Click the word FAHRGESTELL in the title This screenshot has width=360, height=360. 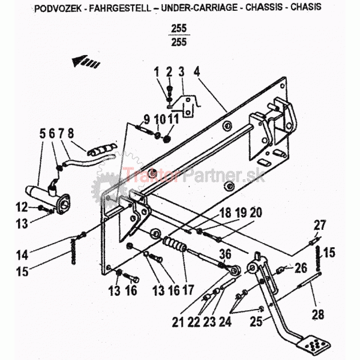click(x=120, y=8)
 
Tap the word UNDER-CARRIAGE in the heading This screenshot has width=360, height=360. click(x=199, y=8)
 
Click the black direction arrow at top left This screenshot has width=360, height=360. click(x=86, y=62)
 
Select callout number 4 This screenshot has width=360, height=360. click(x=197, y=71)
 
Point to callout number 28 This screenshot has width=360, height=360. click(x=318, y=314)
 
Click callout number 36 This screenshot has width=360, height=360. click(x=225, y=254)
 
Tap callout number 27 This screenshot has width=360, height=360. click(x=320, y=225)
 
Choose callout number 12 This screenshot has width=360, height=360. click(x=22, y=207)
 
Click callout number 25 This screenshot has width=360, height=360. click(x=256, y=321)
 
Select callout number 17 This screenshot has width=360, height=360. click(x=188, y=290)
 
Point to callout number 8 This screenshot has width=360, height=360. click(x=71, y=133)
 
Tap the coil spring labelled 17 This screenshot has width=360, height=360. click(x=175, y=244)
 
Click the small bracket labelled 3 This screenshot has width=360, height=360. click(x=187, y=106)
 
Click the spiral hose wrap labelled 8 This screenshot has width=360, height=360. click(x=102, y=149)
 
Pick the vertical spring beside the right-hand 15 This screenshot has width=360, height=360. click(x=318, y=258)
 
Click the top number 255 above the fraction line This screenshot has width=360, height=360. click(x=179, y=28)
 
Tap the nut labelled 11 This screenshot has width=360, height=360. click(x=166, y=139)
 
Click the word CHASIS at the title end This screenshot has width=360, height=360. click(x=306, y=7)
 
